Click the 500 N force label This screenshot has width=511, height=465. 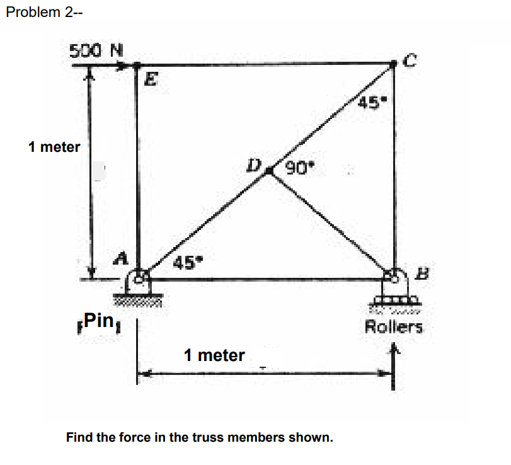coord(96,49)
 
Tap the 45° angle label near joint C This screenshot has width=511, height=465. coord(372,101)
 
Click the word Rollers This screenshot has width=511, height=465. coord(394,326)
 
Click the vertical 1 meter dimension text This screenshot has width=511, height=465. coord(54,147)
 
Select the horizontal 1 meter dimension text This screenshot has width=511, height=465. coord(214,355)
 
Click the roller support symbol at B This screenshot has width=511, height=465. coord(394,296)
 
